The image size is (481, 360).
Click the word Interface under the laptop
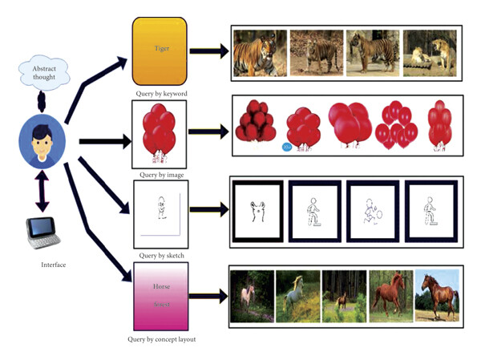click(55, 264)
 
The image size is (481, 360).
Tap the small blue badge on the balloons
click(288, 147)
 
